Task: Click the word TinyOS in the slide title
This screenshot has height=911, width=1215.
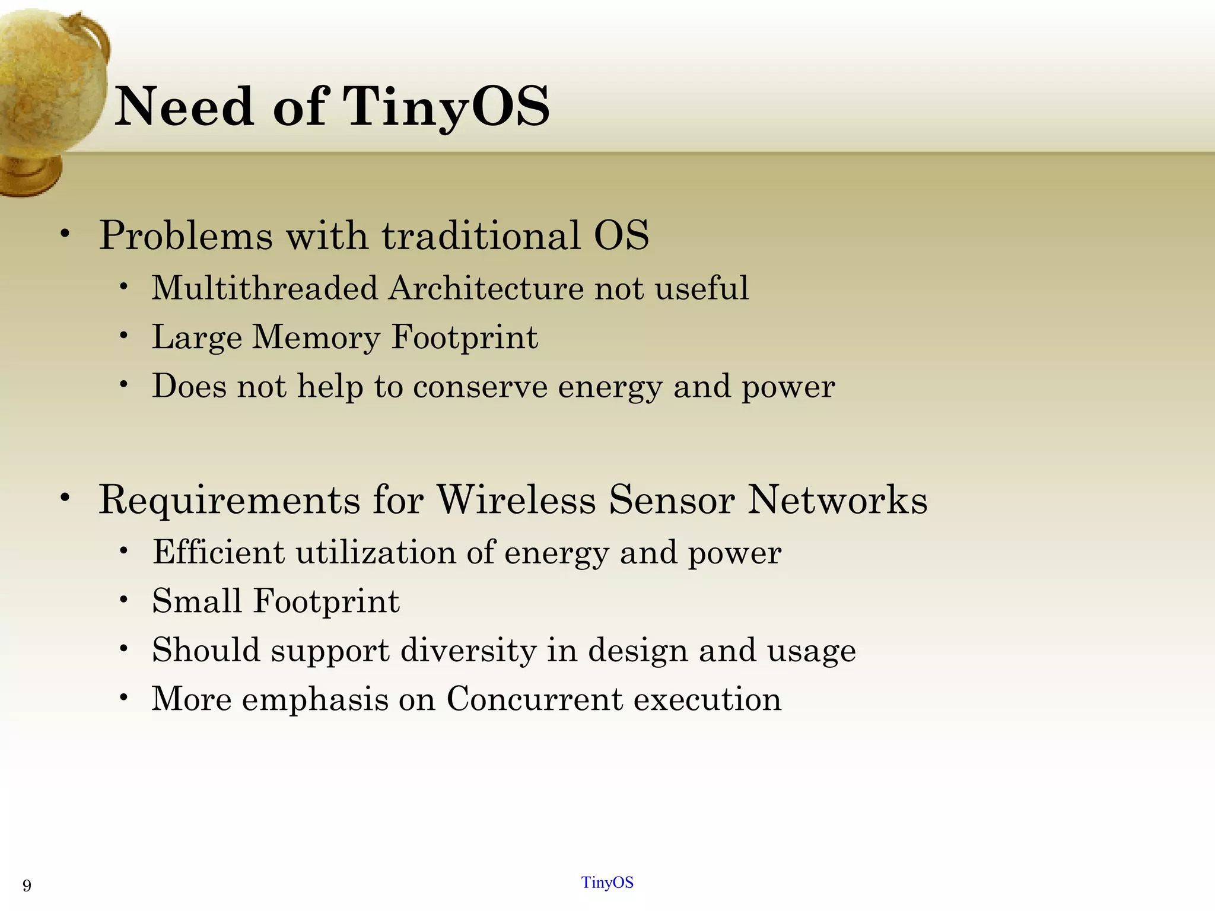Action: [x=446, y=107]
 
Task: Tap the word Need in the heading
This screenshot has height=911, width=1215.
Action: [x=184, y=107]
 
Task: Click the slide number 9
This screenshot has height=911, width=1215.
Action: [x=27, y=886]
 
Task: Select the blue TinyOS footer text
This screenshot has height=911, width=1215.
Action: [x=607, y=883]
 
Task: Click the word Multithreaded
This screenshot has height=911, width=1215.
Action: [x=265, y=289]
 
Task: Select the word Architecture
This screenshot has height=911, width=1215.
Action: [x=486, y=289]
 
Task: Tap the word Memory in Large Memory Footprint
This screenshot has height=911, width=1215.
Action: [x=316, y=337]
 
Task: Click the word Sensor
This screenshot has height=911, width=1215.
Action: [x=672, y=499]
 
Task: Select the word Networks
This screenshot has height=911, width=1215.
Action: [x=837, y=499]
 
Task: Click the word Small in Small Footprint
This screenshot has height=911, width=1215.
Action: [x=196, y=601]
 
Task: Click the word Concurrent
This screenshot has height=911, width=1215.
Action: [x=535, y=699]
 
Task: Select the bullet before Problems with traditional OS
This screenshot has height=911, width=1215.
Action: [x=65, y=234]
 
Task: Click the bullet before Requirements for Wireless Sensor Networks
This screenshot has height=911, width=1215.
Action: [x=65, y=498]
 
